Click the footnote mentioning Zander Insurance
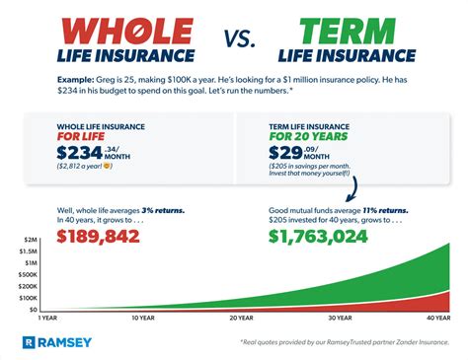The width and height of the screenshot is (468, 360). coord(355,341)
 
